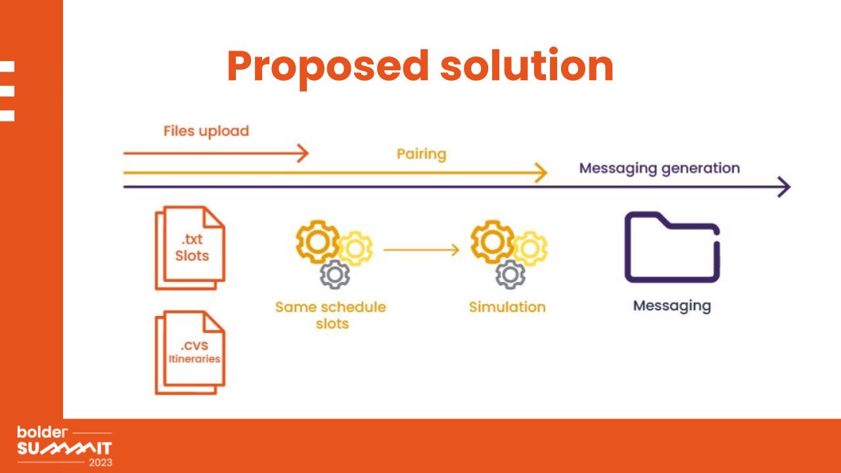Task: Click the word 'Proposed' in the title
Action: (x=328, y=68)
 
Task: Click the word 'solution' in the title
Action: (x=527, y=64)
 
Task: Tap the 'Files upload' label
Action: (x=206, y=131)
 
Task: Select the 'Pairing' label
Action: (x=421, y=154)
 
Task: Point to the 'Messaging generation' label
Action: (x=659, y=169)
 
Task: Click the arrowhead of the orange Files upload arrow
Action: (x=304, y=153)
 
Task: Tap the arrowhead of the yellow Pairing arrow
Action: (x=542, y=173)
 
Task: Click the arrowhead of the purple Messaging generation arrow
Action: (x=785, y=187)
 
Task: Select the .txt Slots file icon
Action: (x=190, y=248)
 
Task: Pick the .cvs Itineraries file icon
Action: (x=190, y=353)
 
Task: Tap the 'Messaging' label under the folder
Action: (x=672, y=306)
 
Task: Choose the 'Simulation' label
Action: (x=507, y=307)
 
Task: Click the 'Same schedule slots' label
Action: (x=330, y=315)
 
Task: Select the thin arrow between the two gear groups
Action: (x=421, y=250)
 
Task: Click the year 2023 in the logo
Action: (x=101, y=462)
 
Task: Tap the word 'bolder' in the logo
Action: (x=42, y=432)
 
